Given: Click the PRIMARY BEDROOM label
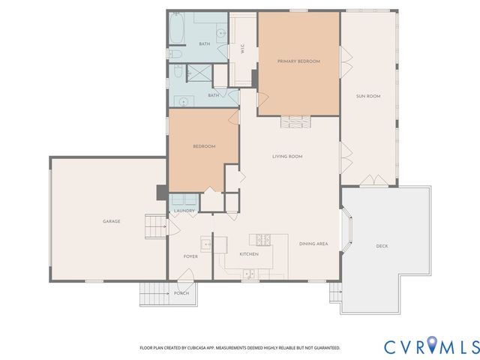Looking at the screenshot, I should (298, 61).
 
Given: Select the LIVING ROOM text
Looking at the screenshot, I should (286, 156).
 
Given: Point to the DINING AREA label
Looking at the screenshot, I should (313, 244).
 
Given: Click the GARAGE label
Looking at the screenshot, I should (112, 221).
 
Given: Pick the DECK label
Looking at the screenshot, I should (382, 246).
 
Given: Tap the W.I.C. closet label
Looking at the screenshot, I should (243, 50).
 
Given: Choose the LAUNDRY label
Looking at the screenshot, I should (184, 211).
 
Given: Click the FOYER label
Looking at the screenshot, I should (190, 256).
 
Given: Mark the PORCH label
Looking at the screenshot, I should (181, 293).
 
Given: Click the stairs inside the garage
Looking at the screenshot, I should (155, 224).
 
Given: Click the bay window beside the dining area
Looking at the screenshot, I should (346, 233).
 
